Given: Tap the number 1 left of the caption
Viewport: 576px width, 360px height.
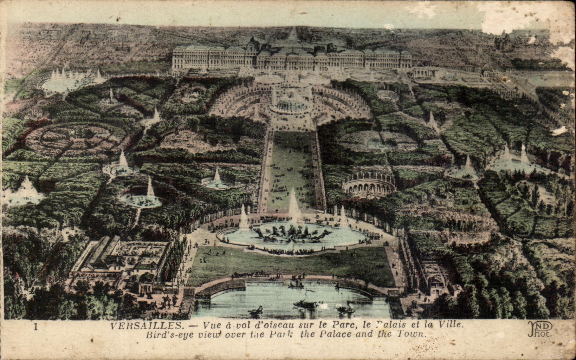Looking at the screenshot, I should coord(35,326).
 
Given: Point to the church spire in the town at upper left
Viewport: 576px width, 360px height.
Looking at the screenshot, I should coord(122,44).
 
